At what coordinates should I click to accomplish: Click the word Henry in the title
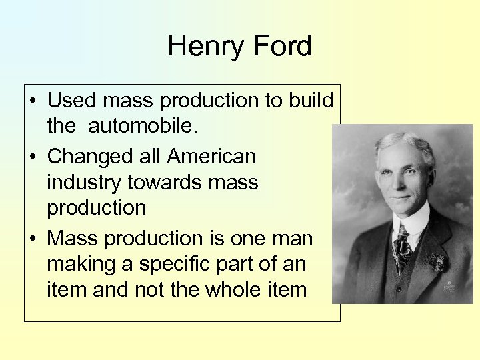tap(203, 47)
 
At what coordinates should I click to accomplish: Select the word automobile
tap(135, 125)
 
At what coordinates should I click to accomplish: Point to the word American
tap(211, 156)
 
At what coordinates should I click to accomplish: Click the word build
tap(312, 101)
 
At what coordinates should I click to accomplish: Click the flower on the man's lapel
tap(437, 261)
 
